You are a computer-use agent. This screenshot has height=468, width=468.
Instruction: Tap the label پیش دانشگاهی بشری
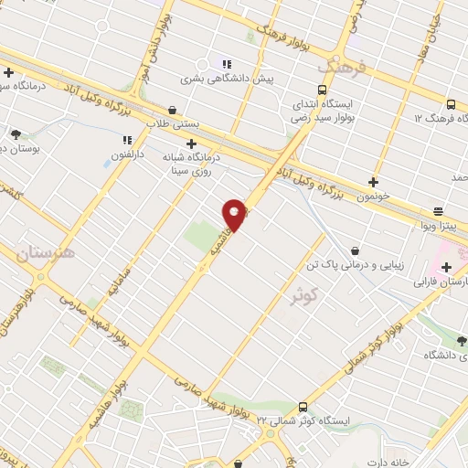coord(226,80)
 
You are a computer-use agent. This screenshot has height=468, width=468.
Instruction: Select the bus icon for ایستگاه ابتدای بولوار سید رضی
coord(321,90)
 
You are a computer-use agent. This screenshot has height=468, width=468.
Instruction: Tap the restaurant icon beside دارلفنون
coord(128,142)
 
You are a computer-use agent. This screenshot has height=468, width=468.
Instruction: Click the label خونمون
coord(373,197)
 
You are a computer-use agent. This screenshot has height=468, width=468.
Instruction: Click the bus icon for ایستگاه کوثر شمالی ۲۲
coord(303,405)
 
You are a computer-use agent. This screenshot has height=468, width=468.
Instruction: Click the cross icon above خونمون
coord(373,182)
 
